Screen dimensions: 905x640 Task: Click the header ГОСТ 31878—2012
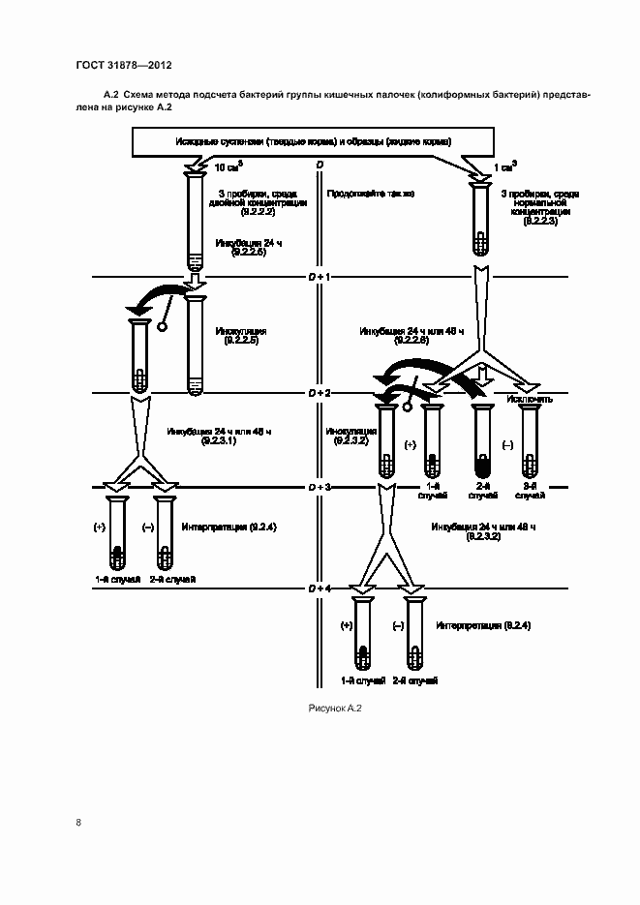click(123, 66)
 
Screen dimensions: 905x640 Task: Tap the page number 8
click(78, 823)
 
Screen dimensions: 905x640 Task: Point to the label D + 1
click(320, 278)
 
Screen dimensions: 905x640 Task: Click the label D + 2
click(320, 394)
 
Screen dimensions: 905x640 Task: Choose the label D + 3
click(320, 487)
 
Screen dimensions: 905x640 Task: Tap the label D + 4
click(320, 588)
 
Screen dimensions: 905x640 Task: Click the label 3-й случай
click(528, 495)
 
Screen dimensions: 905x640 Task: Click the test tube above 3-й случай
click(528, 440)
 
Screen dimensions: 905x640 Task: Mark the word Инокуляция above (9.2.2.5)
click(241, 331)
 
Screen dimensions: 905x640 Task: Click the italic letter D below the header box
click(320, 166)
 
